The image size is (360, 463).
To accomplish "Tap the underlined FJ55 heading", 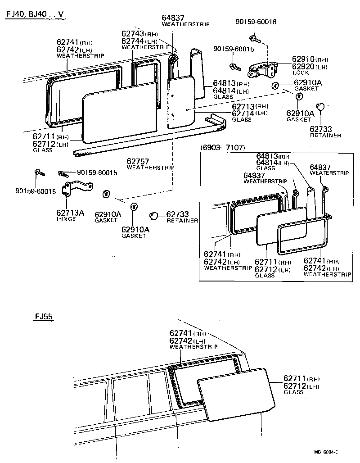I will tap(44, 317).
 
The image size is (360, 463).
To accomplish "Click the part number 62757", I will tap(138, 161).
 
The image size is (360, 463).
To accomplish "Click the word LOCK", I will tap(301, 73).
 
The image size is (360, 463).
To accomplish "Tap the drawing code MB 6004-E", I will tap(326, 452).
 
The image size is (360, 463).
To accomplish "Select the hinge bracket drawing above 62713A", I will tap(76, 189).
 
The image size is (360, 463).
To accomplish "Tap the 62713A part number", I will tap(70, 213).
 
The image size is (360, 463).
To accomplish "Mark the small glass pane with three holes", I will tap(182, 102).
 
